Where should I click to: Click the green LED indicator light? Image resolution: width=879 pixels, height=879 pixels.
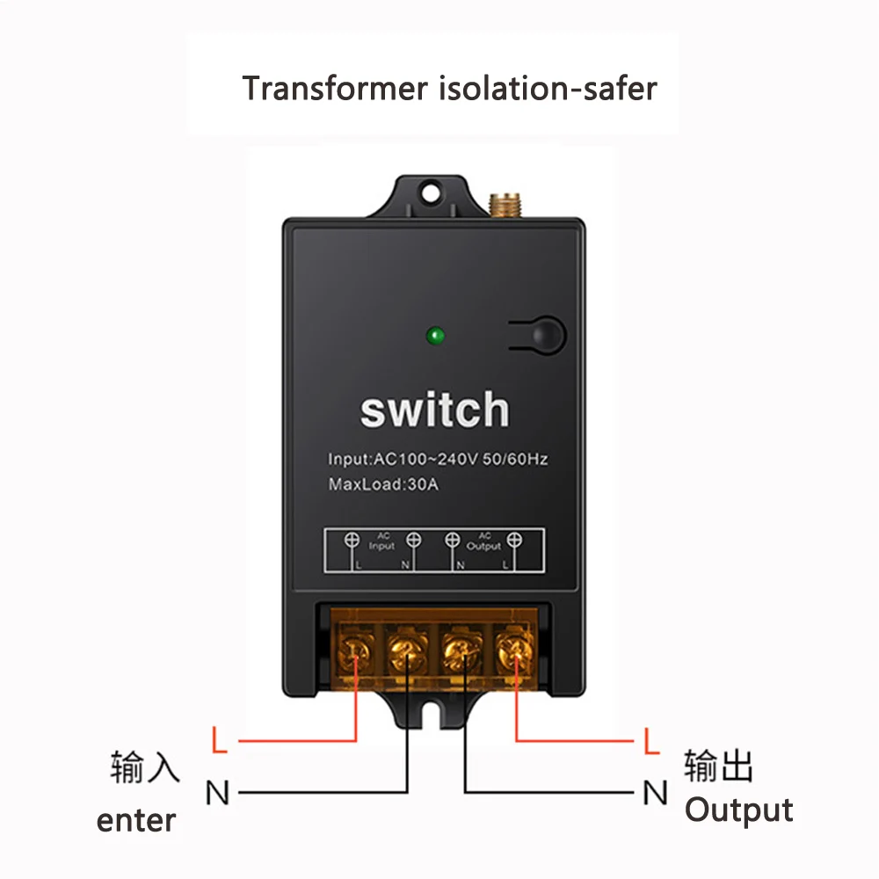[x=434, y=335]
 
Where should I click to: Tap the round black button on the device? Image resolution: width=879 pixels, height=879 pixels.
[x=547, y=334]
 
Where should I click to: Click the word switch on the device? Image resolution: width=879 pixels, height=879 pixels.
[x=434, y=410]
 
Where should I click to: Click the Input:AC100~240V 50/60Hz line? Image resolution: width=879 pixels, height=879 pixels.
[x=438, y=459]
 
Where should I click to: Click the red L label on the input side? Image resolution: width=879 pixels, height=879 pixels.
[x=221, y=740]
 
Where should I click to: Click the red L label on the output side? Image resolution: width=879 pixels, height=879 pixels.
[x=650, y=740]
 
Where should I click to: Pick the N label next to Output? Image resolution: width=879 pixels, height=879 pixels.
[x=655, y=793]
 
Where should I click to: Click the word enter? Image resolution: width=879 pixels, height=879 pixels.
[x=136, y=821]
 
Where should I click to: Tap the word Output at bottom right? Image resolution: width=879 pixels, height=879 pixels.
[x=738, y=810]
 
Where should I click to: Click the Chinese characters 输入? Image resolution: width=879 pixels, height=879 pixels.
[x=145, y=767]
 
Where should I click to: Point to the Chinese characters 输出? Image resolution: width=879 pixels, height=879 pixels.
[x=719, y=766]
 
